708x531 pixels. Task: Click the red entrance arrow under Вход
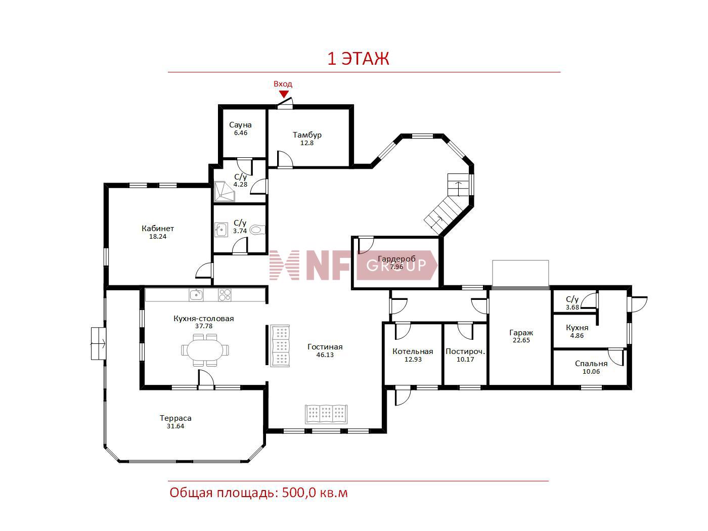(x=284, y=94)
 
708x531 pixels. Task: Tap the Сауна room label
(x=240, y=125)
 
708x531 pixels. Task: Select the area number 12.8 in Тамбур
(x=307, y=143)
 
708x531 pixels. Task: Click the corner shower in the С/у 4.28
(x=224, y=192)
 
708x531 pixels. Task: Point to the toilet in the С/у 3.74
(x=257, y=230)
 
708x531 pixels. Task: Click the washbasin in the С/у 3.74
(x=222, y=230)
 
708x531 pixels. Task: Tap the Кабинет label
(x=158, y=229)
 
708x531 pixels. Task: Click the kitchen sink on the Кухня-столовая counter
(x=196, y=295)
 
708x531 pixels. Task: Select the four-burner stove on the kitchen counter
(x=225, y=295)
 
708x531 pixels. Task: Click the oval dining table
(x=205, y=350)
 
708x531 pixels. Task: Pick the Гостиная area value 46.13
(x=325, y=355)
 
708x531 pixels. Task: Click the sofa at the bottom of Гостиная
(x=326, y=414)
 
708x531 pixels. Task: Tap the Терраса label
(x=175, y=418)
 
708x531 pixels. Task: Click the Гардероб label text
(x=397, y=258)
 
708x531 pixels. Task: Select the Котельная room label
(x=413, y=351)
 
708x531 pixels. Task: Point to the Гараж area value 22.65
(x=521, y=340)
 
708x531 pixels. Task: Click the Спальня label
(x=591, y=363)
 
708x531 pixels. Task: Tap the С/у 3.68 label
(x=572, y=303)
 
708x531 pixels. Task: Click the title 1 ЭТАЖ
(x=358, y=59)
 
